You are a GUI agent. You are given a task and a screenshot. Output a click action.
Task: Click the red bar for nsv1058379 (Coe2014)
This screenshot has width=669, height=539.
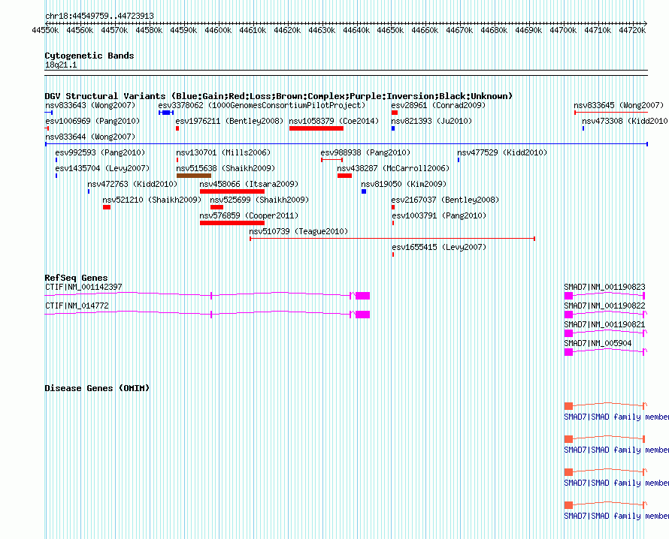click(x=316, y=128)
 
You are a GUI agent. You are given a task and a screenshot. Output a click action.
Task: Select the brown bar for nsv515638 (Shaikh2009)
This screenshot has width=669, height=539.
click(x=193, y=176)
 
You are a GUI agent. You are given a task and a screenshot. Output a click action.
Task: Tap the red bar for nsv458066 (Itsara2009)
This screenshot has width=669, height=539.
click(x=232, y=191)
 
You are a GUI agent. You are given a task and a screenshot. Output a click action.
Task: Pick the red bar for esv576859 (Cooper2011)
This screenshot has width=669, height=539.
click(x=232, y=223)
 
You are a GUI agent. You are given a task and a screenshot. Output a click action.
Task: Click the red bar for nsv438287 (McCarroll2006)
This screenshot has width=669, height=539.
click(x=344, y=176)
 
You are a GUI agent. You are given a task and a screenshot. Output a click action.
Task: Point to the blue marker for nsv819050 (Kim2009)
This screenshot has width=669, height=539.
click(x=364, y=191)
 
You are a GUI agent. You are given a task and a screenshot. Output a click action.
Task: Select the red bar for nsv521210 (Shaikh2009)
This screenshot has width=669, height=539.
click(x=107, y=207)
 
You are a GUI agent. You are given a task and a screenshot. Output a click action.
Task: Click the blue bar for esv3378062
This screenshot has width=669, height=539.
click(x=165, y=113)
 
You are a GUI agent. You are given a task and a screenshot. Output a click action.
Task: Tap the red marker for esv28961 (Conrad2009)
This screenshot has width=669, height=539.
click(x=394, y=113)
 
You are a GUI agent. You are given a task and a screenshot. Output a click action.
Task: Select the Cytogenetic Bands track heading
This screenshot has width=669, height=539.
click(x=89, y=56)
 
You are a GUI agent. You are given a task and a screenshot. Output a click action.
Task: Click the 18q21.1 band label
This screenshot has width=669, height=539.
click(x=61, y=65)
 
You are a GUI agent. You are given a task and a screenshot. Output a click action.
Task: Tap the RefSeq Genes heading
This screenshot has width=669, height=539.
click(x=76, y=279)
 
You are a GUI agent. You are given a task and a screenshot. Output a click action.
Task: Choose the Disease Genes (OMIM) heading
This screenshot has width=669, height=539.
click(x=97, y=388)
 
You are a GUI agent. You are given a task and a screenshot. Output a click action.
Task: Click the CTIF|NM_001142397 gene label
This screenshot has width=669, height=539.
click(x=83, y=287)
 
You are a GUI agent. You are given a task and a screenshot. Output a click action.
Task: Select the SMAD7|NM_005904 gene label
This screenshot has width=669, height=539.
click(x=598, y=343)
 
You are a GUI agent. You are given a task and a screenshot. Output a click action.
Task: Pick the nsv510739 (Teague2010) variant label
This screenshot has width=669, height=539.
click(x=298, y=231)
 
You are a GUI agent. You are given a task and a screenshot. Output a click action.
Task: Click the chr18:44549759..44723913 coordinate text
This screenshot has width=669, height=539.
click(x=99, y=16)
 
